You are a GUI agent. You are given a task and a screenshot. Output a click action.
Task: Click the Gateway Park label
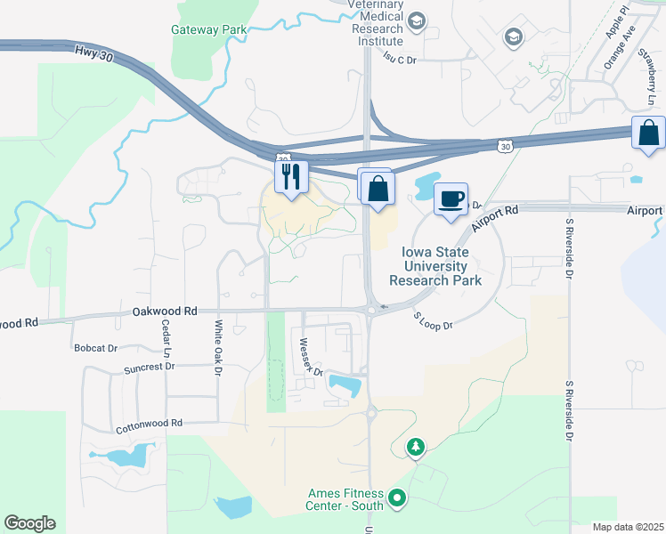click(x=208, y=29)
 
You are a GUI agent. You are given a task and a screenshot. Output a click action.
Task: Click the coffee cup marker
click(x=451, y=198)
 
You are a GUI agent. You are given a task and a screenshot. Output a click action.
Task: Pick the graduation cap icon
click(x=513, y=36)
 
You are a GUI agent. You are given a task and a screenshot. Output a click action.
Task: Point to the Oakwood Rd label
click(x=164, y=311)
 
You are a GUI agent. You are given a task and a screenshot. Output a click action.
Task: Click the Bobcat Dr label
click(x=95, y=347)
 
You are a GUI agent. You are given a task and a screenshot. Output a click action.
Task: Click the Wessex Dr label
click(x=310, y=357)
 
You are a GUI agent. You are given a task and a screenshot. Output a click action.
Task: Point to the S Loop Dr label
click(x=433, y=320)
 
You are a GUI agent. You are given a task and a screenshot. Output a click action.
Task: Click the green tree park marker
click(x=416, y=447)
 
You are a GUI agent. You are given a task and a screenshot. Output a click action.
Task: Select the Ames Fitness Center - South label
click(x=345, y=499)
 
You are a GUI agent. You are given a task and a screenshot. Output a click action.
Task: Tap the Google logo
click(x=29, y=523)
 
